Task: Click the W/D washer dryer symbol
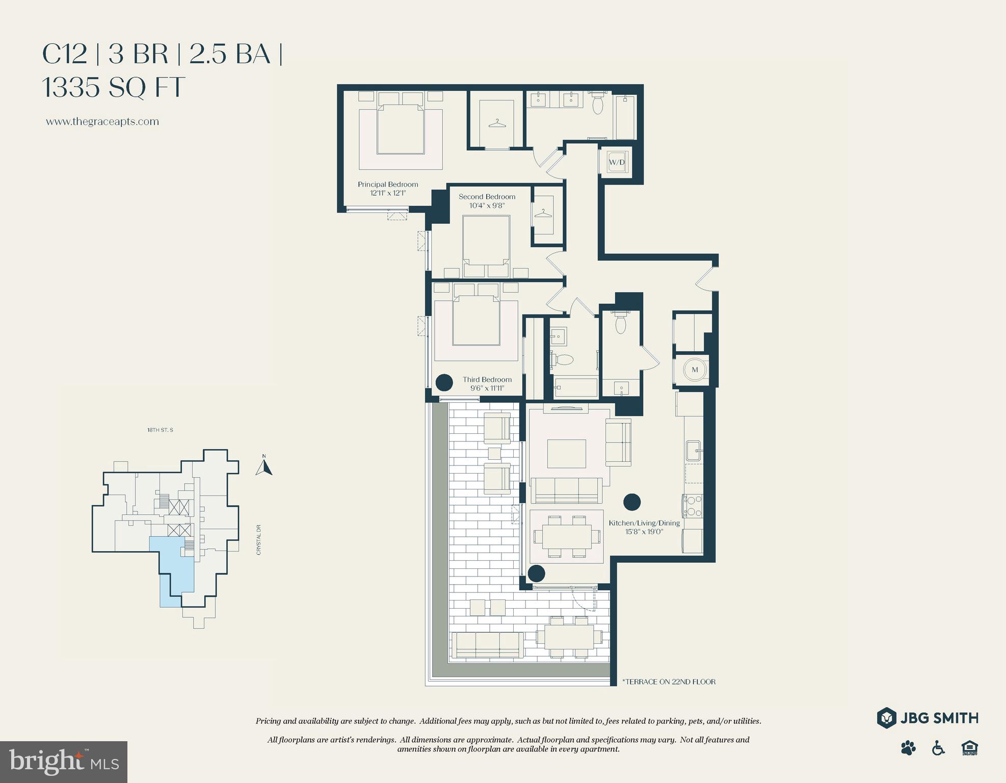click(617, 162)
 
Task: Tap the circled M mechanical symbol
click(695, 370)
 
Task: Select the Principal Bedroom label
click(388, 185)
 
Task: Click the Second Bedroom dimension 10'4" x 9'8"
click(487, 205)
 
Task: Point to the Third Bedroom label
click(487, 379)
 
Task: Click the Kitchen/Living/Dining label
click(644, 523)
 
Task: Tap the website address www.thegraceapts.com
click(102, 122)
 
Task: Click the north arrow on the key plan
click(263, 466)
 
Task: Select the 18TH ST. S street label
click(160, 430)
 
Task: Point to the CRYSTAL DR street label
click(259, 540)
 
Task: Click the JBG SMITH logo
click(928, 718)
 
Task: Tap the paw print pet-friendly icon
click(908, 748)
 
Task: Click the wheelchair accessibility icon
click(938, 748)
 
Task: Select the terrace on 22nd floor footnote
click(669, 682)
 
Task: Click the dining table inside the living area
click(566, 536)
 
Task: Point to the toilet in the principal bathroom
click(598, 105)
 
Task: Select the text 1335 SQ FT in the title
click(113, 87)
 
